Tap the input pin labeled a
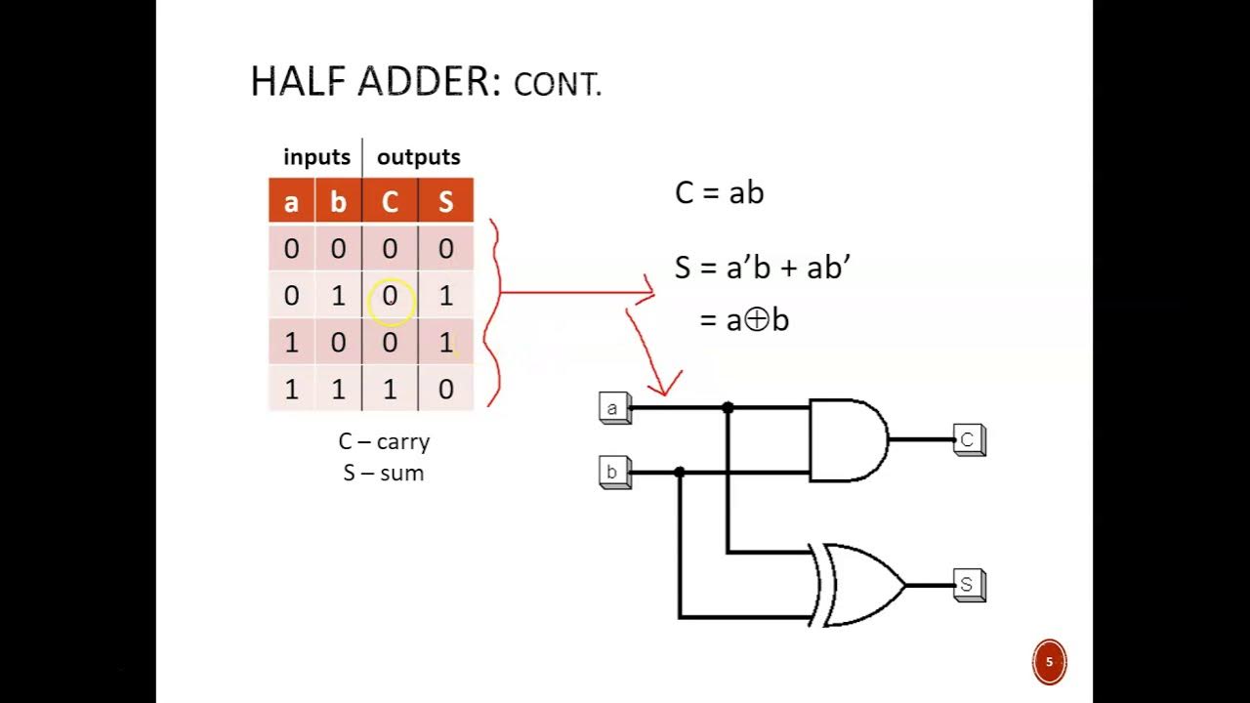click(x=613, y=408)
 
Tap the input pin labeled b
click(x=613, y=473)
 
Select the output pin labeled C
click(x=968, y=439)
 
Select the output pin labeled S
click(x=968, y=585)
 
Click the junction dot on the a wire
click(x=728, y=407)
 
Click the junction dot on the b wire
click(x=680, y=473)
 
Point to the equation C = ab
click(x=719, y=192)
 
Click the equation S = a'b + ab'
click(x=762, y=268)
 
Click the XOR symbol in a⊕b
click(x=756, y=319)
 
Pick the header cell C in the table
click(x=390, y=201)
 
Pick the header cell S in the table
click(x=445, y=201)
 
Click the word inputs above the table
click(x=316, y=157)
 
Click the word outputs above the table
click(x=418, y=157)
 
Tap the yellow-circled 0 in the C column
click(x=390, y=296)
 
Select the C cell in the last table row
click(x=390, y=389)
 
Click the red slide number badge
click(x=1049, y=662)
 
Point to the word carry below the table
click(x=402, y=441)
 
